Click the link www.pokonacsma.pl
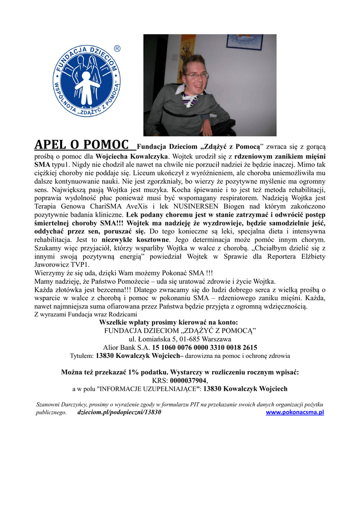(x=295, y=412)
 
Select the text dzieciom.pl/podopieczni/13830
(x=119, y=412)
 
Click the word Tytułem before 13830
(x=82, y=356)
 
